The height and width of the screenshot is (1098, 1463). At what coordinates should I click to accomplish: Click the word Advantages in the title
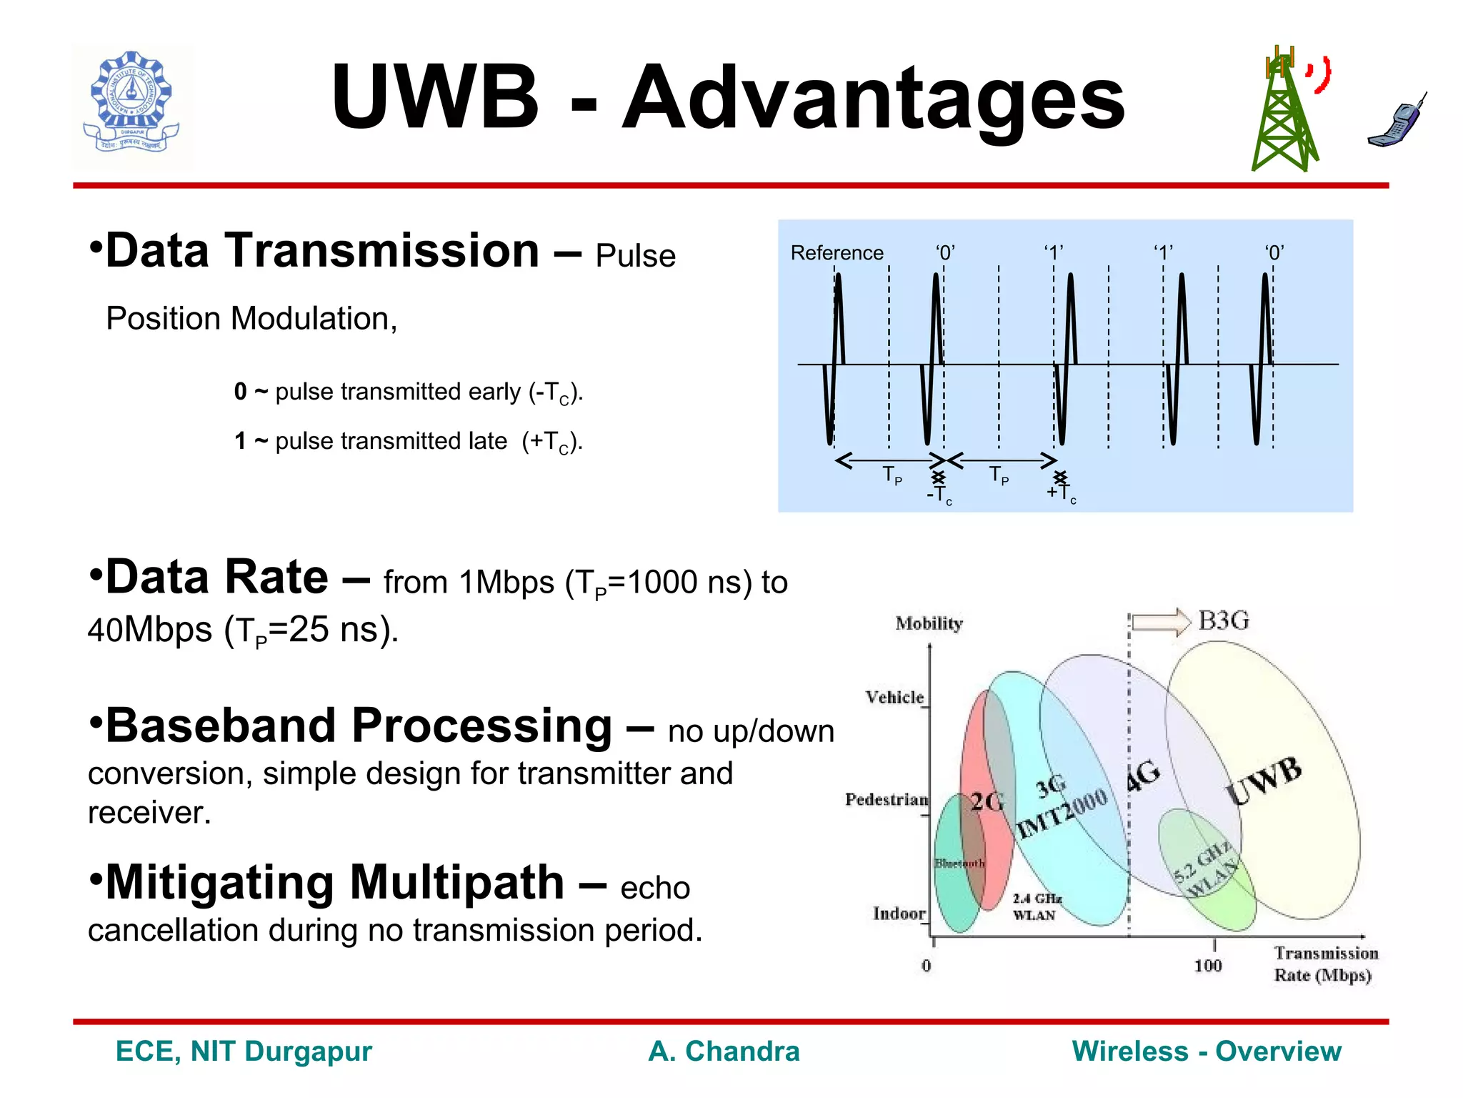(x=873, y=99)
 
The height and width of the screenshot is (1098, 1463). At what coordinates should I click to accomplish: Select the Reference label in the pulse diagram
(x=837, y=253)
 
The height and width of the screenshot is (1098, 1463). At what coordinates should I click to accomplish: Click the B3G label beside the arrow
(x=1224, y=620)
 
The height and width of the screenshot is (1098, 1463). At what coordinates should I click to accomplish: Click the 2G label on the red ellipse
(x=987, y=802)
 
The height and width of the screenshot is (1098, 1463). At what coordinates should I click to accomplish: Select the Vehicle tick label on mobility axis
(x=894, y=697)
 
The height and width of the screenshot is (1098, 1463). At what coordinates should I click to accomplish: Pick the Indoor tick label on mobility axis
(x=899, y=914)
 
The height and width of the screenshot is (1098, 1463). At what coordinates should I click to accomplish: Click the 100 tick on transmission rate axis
(x=1208, y=966)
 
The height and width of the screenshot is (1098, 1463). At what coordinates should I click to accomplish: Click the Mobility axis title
(x=929, y=623)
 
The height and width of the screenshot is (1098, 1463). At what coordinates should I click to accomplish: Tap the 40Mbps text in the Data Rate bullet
(x=150, y=630)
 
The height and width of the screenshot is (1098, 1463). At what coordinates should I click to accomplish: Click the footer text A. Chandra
(x=724, y=1052)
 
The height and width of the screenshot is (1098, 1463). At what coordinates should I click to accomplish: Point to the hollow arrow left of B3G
(x=1161, y=621)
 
